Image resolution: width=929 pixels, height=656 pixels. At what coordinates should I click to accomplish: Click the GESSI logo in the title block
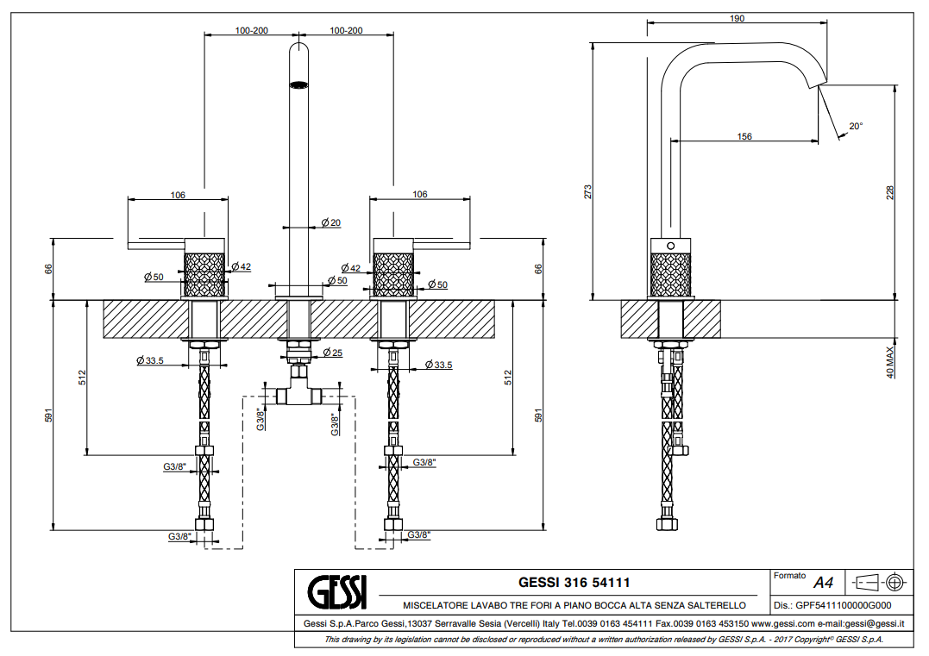[337, 592]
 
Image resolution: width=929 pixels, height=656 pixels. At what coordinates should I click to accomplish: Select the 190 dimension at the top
[738, 19]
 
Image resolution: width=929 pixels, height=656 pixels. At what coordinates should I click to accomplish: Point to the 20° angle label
[855, 126]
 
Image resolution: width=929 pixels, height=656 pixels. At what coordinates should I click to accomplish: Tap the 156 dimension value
[744, 136]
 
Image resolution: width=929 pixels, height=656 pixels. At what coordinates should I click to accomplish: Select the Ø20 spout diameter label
[330, 223]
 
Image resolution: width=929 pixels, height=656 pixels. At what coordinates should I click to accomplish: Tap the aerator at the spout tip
[298, 84]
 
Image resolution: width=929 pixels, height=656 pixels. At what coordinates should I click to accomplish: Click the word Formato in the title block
[789, 575]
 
